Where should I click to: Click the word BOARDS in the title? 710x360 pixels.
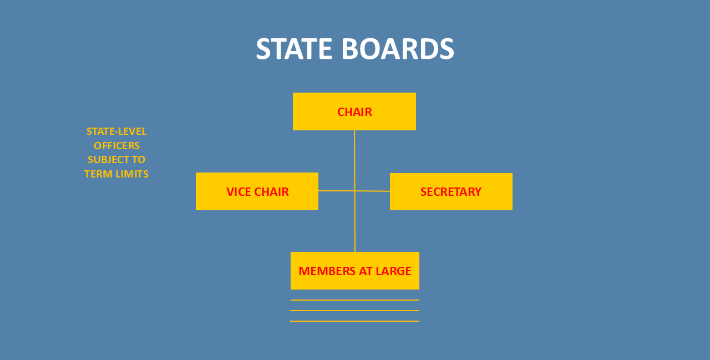(397, 49)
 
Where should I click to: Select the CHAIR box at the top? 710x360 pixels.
(354, 111)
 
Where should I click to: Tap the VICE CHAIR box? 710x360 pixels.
(257, 191)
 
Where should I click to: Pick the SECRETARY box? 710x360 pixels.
(451, 191)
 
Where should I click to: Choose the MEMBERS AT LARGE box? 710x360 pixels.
(355, 271)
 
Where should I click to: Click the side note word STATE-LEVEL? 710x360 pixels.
(116, 131)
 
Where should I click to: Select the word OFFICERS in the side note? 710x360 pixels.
(116, 146)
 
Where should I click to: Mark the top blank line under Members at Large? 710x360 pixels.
(355, 300)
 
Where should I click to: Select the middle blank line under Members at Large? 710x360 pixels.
(355, 311)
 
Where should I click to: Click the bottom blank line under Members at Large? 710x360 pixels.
(355, 321)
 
